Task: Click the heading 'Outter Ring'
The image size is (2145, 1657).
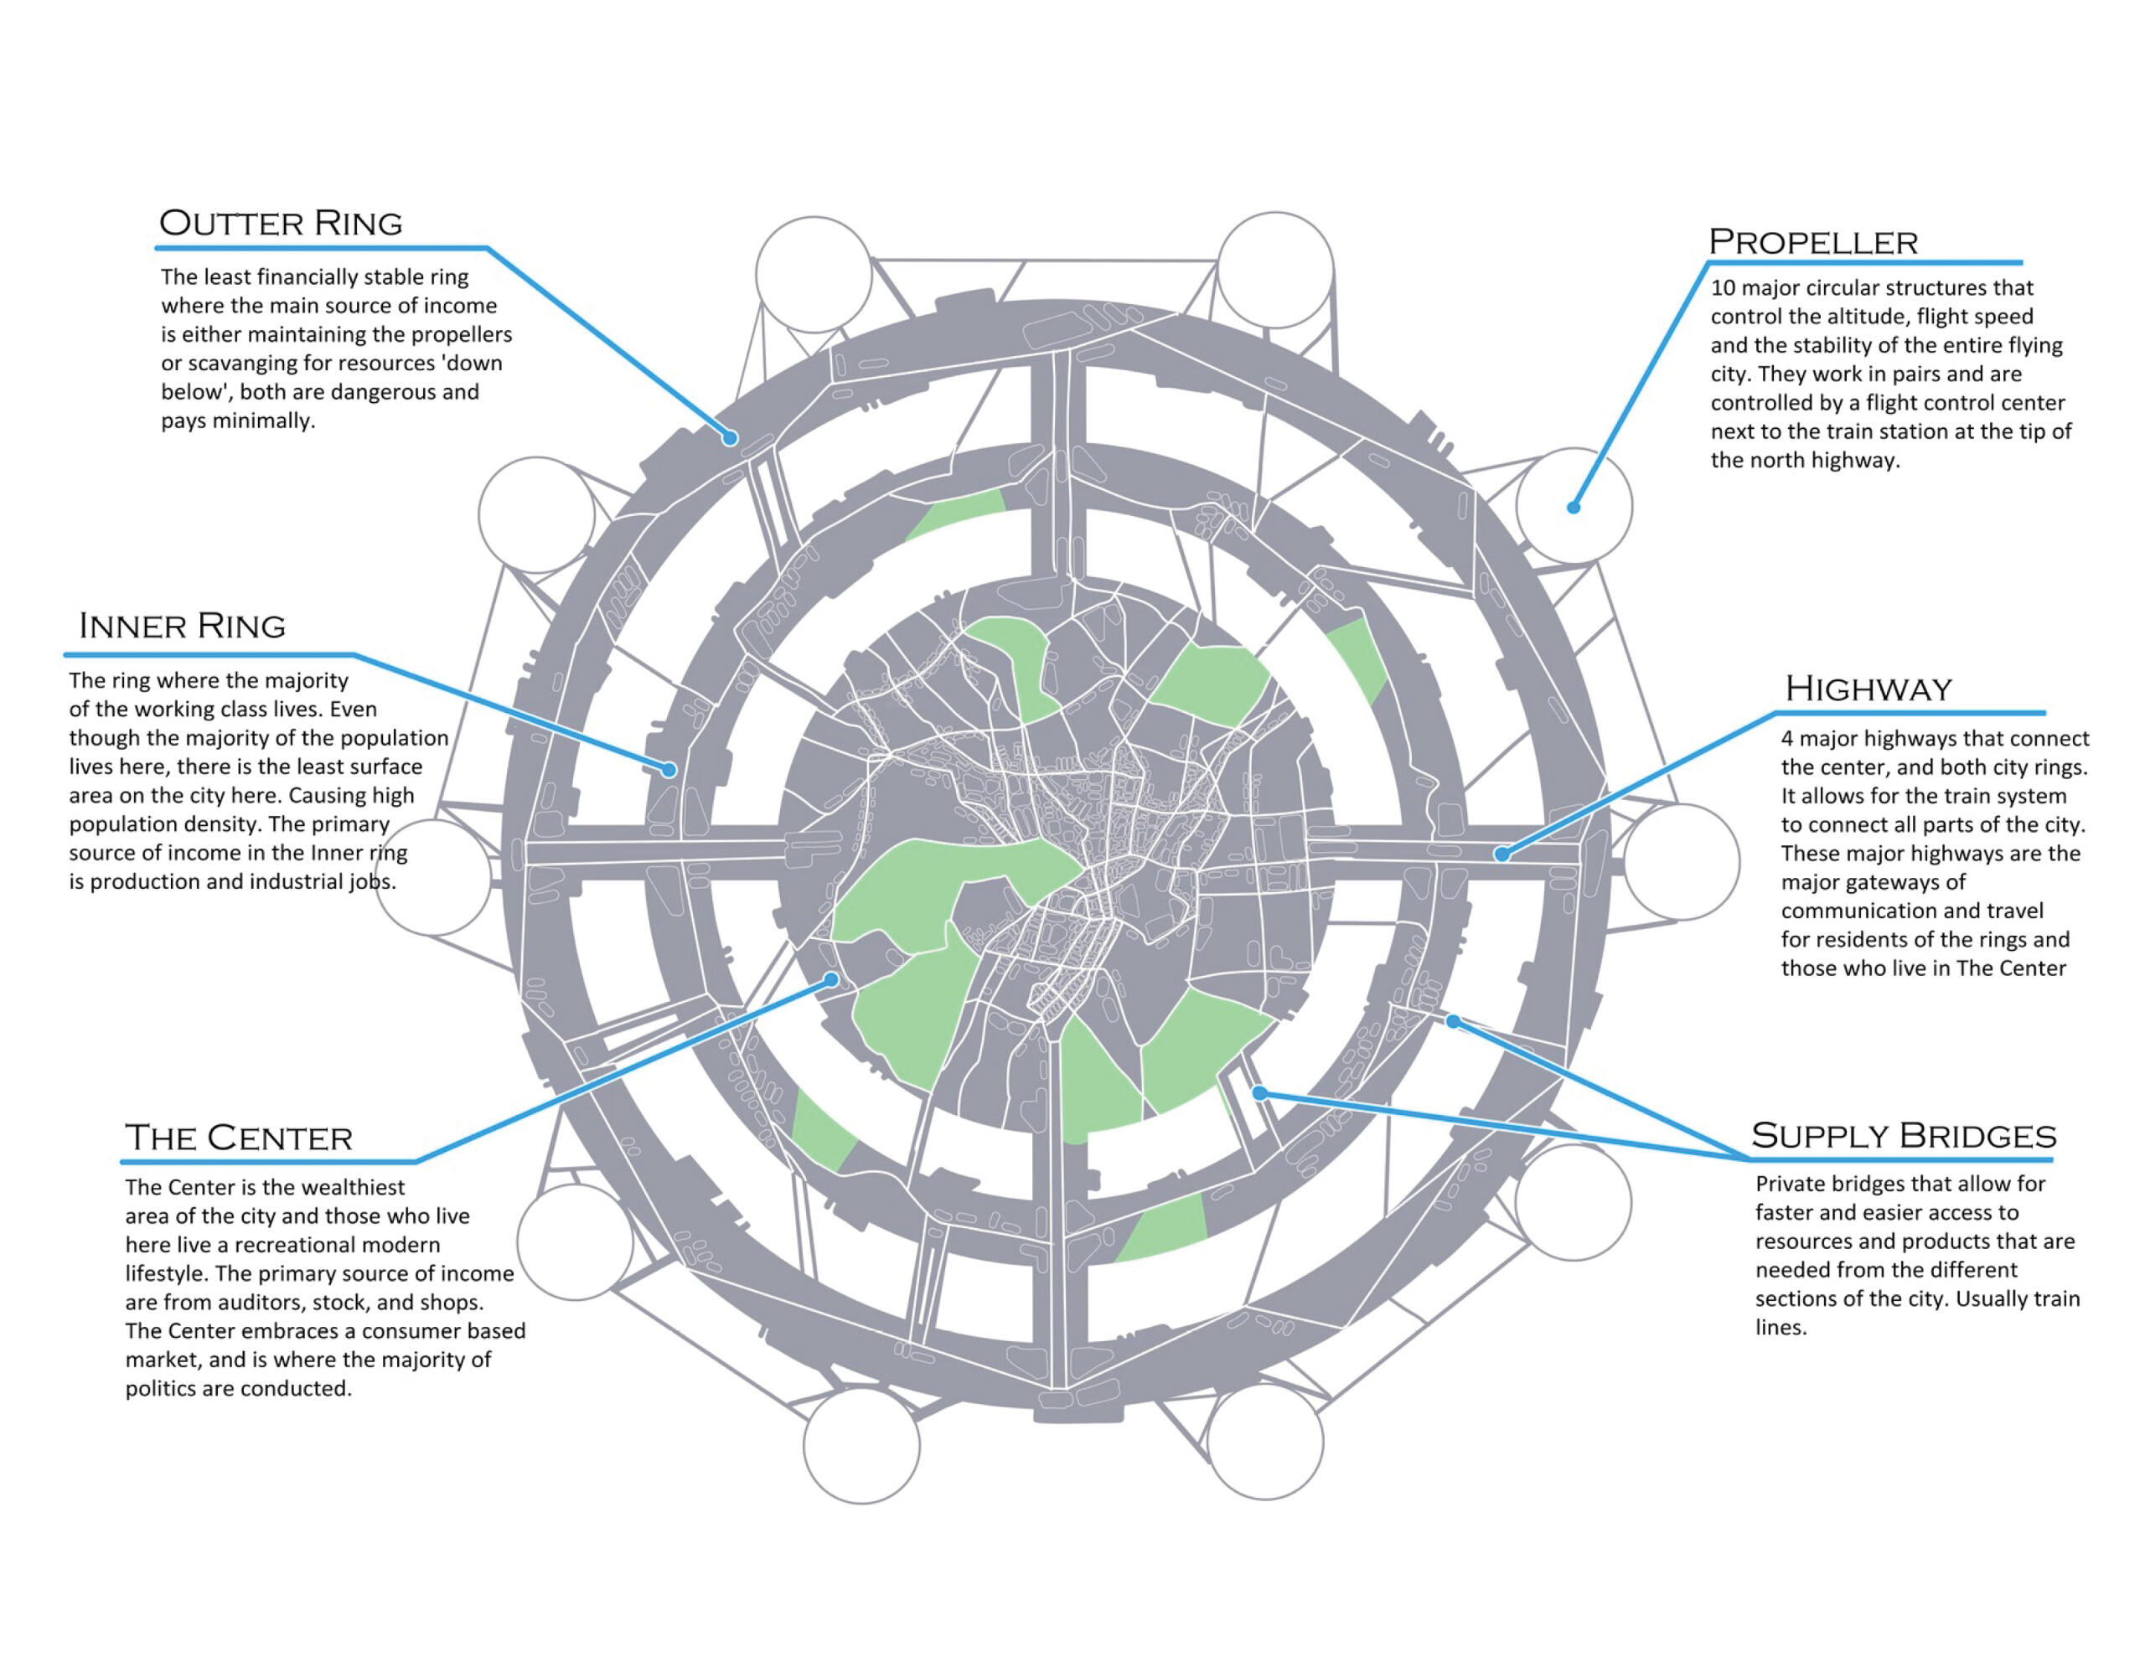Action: click(x=281, y=223)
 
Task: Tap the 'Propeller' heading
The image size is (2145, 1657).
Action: click(x=1813, y=241)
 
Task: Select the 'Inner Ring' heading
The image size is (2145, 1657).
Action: click(x=183, y=626)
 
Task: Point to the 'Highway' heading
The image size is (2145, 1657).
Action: click(x=1868, y=689)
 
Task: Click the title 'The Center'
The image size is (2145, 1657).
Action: click(x=239, y=1138)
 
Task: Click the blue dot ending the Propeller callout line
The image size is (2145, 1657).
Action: click(x=1574, y=507)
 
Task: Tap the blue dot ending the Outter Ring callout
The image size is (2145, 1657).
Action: click(x=730, y=438)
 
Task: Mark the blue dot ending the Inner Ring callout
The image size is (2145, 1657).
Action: click(x=669, y=770)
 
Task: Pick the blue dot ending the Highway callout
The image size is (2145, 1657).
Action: click(x=1501, y=854)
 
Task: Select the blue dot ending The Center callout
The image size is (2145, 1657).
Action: click(x=832, y=979)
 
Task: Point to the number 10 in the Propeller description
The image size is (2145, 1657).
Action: click(x=1724, y=288)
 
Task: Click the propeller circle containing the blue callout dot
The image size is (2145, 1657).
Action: click(x=1574, y=506)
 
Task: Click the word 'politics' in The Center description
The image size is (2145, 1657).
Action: click(x=160, y=1389)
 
